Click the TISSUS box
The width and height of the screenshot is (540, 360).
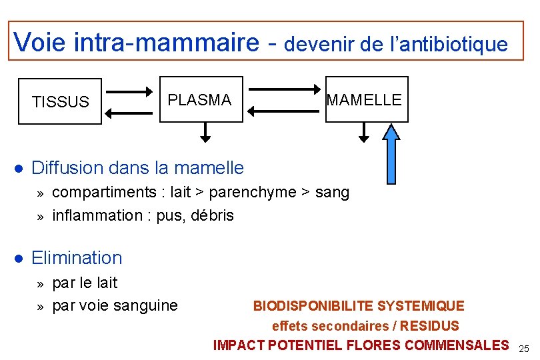point(60,101)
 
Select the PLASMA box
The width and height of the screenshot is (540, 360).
point(201,100)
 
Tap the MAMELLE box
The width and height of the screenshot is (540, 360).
point(366,100)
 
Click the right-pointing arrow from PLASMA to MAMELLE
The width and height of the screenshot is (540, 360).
point(285,88)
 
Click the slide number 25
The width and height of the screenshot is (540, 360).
point(523,349)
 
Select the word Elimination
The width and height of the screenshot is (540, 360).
point(77,257)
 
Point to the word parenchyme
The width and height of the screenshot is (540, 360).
point(252,193)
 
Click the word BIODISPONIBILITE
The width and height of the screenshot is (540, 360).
point(313,306)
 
